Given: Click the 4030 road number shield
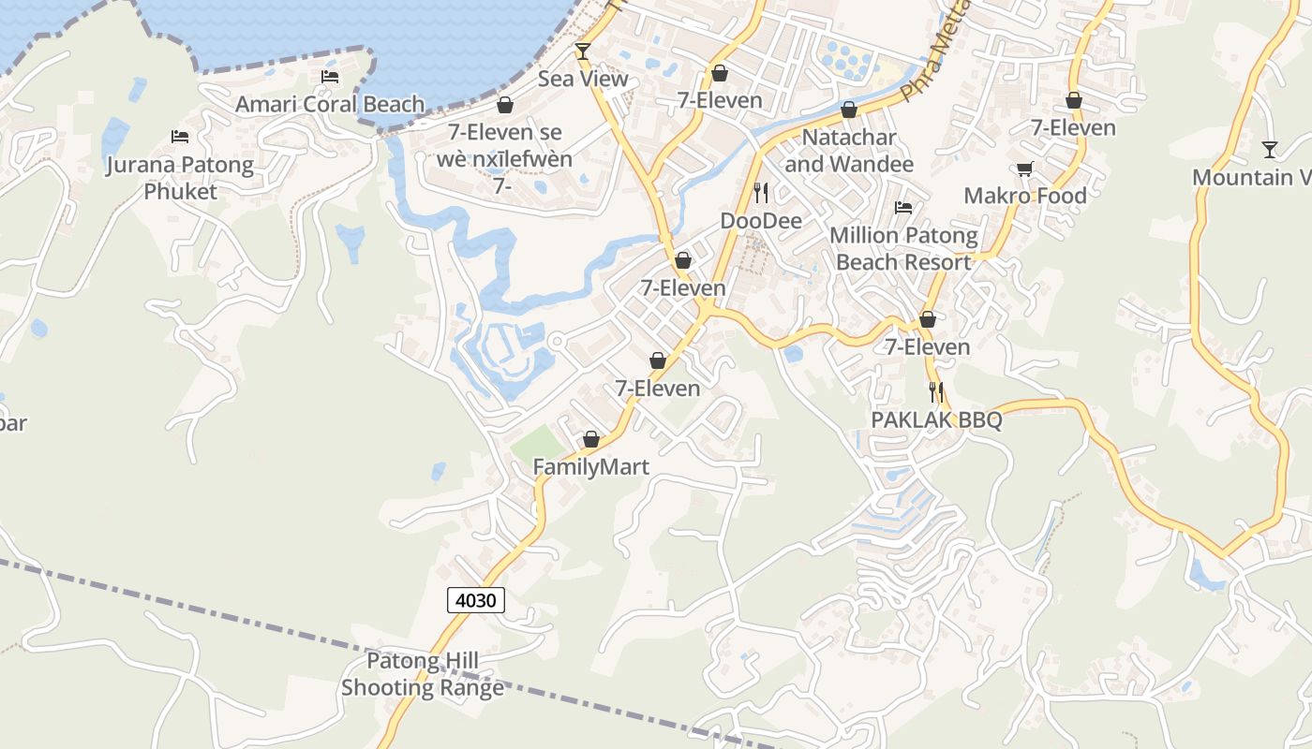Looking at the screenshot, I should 476,600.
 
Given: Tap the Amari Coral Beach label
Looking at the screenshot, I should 330,104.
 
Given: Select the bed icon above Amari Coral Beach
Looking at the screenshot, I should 329,77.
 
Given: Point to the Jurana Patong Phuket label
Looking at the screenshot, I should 180,179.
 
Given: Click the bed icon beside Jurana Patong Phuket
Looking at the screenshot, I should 180,137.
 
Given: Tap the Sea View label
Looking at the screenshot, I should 583,80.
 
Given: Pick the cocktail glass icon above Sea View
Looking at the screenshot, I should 583,51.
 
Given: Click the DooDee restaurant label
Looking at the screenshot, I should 761,221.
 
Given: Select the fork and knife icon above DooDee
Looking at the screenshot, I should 761,193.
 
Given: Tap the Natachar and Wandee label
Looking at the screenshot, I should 849,151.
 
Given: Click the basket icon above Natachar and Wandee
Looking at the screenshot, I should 849,110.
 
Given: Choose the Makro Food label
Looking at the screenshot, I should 1025,196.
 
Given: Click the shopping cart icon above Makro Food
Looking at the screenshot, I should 1025,169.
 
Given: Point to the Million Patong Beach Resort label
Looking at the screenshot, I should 903,249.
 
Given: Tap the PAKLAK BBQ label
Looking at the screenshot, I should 936,420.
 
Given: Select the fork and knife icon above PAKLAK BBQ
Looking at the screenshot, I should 936,392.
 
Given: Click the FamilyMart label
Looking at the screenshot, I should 590,467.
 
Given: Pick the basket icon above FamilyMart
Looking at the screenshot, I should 591,438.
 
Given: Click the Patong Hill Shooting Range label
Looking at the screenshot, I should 422,675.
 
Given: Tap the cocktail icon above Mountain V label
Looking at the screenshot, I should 1270,149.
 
